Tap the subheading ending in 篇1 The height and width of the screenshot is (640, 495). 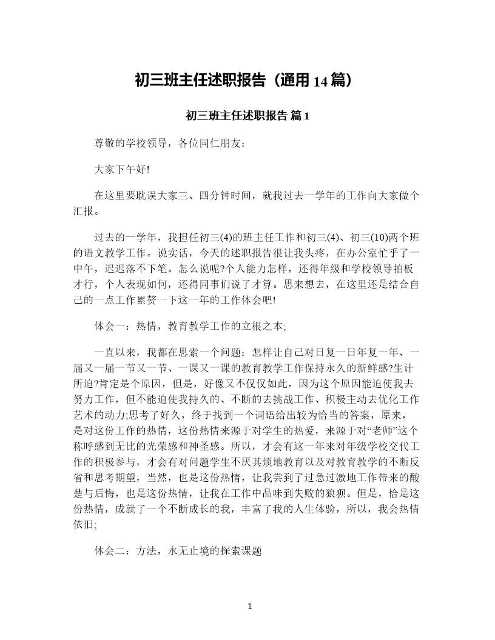(x=247, y=116)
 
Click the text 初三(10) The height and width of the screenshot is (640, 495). (x=345, y=237)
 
